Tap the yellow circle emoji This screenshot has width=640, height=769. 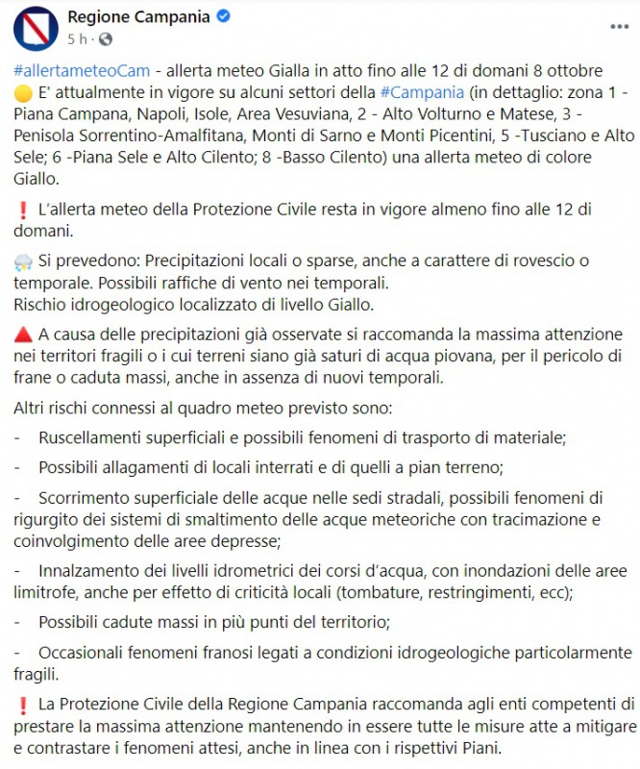[23, 93]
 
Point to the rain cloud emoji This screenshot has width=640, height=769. [23, 261]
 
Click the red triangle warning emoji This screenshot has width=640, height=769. [23, 335]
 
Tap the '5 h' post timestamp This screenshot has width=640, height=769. [79, 39]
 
